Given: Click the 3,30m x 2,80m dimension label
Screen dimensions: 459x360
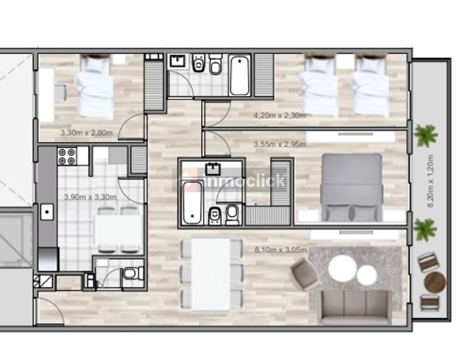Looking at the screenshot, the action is pos(86,132).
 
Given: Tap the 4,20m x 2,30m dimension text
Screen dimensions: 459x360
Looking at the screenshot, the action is pos(280,116).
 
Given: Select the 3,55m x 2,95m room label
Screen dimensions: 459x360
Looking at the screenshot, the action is pos(280,144).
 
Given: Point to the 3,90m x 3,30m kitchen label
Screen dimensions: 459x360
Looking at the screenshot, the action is pos(90,197).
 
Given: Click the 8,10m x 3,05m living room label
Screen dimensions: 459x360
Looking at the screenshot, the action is pos(281,250).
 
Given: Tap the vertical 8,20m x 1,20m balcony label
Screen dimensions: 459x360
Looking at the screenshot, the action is pos(430,181).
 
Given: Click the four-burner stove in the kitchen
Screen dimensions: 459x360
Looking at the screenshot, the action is pos(66,157).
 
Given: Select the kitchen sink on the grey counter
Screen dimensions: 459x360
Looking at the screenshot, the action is pos(47,212).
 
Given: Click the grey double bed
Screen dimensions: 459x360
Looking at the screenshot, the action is pos(352,187).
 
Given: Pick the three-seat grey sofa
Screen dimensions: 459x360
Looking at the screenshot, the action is pos(356,307).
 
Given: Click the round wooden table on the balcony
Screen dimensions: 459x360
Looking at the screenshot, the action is pos(435,282).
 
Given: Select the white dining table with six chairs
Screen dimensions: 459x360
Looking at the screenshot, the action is pos(211,274).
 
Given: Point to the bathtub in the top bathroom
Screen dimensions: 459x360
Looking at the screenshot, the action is pos(239,76).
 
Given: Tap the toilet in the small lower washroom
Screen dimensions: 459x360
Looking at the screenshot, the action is pos(132,274).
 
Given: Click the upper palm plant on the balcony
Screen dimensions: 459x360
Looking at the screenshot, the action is pos(426,136).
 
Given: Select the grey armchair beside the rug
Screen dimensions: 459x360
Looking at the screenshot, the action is pos(305,274).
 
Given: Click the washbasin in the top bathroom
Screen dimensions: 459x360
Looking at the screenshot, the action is pos(178,61).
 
